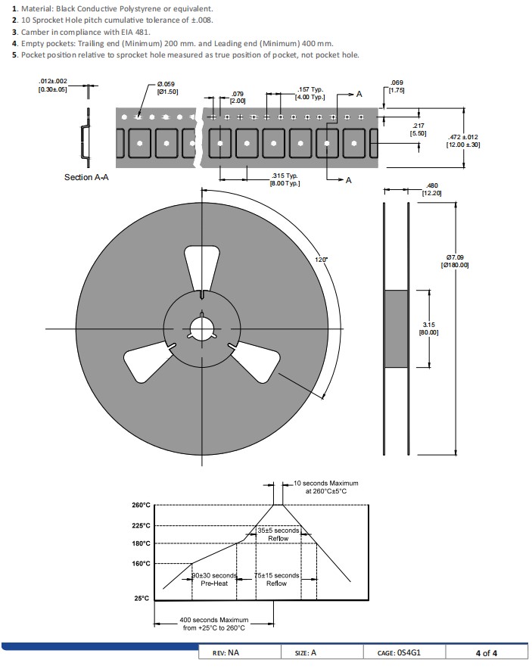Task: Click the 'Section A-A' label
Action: point(86,177)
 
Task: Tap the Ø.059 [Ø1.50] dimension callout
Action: point(167,88)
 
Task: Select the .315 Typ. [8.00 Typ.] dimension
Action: point(285,179)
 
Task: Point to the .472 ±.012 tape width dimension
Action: point(463,141)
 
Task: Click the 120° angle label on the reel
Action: point(322,260)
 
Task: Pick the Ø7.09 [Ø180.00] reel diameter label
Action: point(455,261)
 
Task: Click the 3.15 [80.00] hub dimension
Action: point(429,328)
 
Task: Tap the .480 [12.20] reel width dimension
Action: point(432,189)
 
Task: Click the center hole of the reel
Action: point(202,329)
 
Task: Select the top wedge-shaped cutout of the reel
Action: point(202,269)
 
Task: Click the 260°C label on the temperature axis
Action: point(141,506)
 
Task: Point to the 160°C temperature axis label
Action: point(141,564)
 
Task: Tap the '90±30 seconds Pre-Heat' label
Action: point(214,580)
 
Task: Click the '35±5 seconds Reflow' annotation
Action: point(278,534)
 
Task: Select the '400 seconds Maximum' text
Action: point(214,620)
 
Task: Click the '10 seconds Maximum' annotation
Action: point(326,483)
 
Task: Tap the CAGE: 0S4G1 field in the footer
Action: point(399,653)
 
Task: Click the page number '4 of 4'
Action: point(487,653)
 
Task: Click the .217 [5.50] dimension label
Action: point(418,129)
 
